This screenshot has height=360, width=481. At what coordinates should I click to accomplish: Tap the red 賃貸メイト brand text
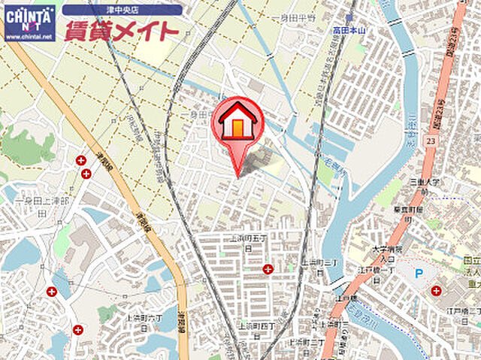coord(120,31)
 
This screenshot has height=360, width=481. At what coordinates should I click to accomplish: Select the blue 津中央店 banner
coord(122,10)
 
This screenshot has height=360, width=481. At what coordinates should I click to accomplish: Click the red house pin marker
coord(238,124)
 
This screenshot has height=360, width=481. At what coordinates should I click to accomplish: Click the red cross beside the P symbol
coord(436,291)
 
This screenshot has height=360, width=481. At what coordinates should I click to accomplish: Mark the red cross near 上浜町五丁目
coord(268,269)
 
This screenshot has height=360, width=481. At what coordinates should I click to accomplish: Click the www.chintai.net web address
coord(29,36)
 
